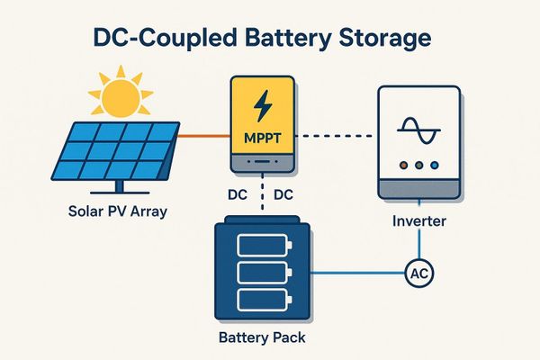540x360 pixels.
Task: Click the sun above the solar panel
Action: point(122,97)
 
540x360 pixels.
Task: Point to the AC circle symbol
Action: point(418,271)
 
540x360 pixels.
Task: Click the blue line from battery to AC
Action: point(360,271)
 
